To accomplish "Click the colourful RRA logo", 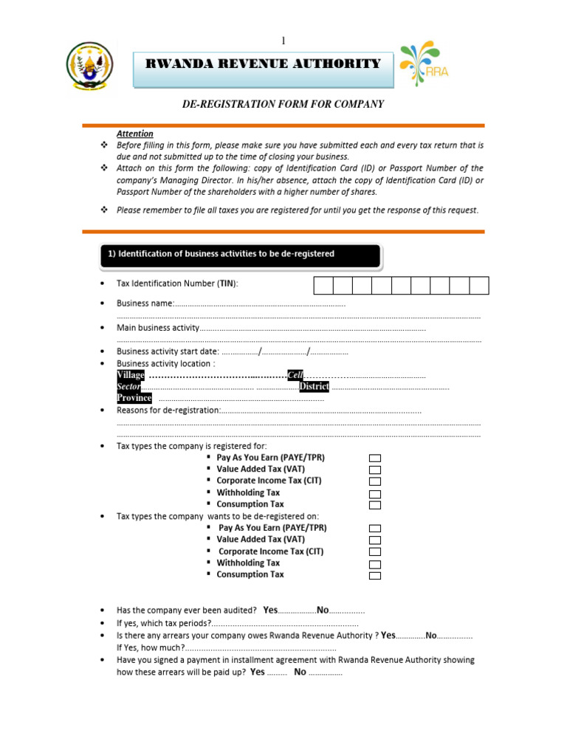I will click(424, 65).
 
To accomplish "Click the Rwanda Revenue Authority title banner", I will click(264, 64).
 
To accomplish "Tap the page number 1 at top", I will click(283, 40).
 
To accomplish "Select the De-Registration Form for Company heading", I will click(283, 104).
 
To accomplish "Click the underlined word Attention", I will click(135, 134).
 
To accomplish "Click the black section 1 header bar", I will click(240, 254).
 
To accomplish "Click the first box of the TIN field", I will click(324, 286).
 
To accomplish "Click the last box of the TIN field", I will click(479, 286).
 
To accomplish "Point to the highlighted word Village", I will click(131, 375).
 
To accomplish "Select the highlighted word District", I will click(314, 386).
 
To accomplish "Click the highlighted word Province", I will click(134, 398).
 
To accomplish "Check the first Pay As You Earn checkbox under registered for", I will click(374, 458).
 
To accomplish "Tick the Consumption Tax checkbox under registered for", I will click(374, 505).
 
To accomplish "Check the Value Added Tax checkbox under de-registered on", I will click(374, 540).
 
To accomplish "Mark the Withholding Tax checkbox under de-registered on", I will click(374, 564).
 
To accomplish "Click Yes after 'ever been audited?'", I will click(270, 610).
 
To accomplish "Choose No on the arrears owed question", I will click(432, 635).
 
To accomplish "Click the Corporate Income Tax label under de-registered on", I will click(271, 551).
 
